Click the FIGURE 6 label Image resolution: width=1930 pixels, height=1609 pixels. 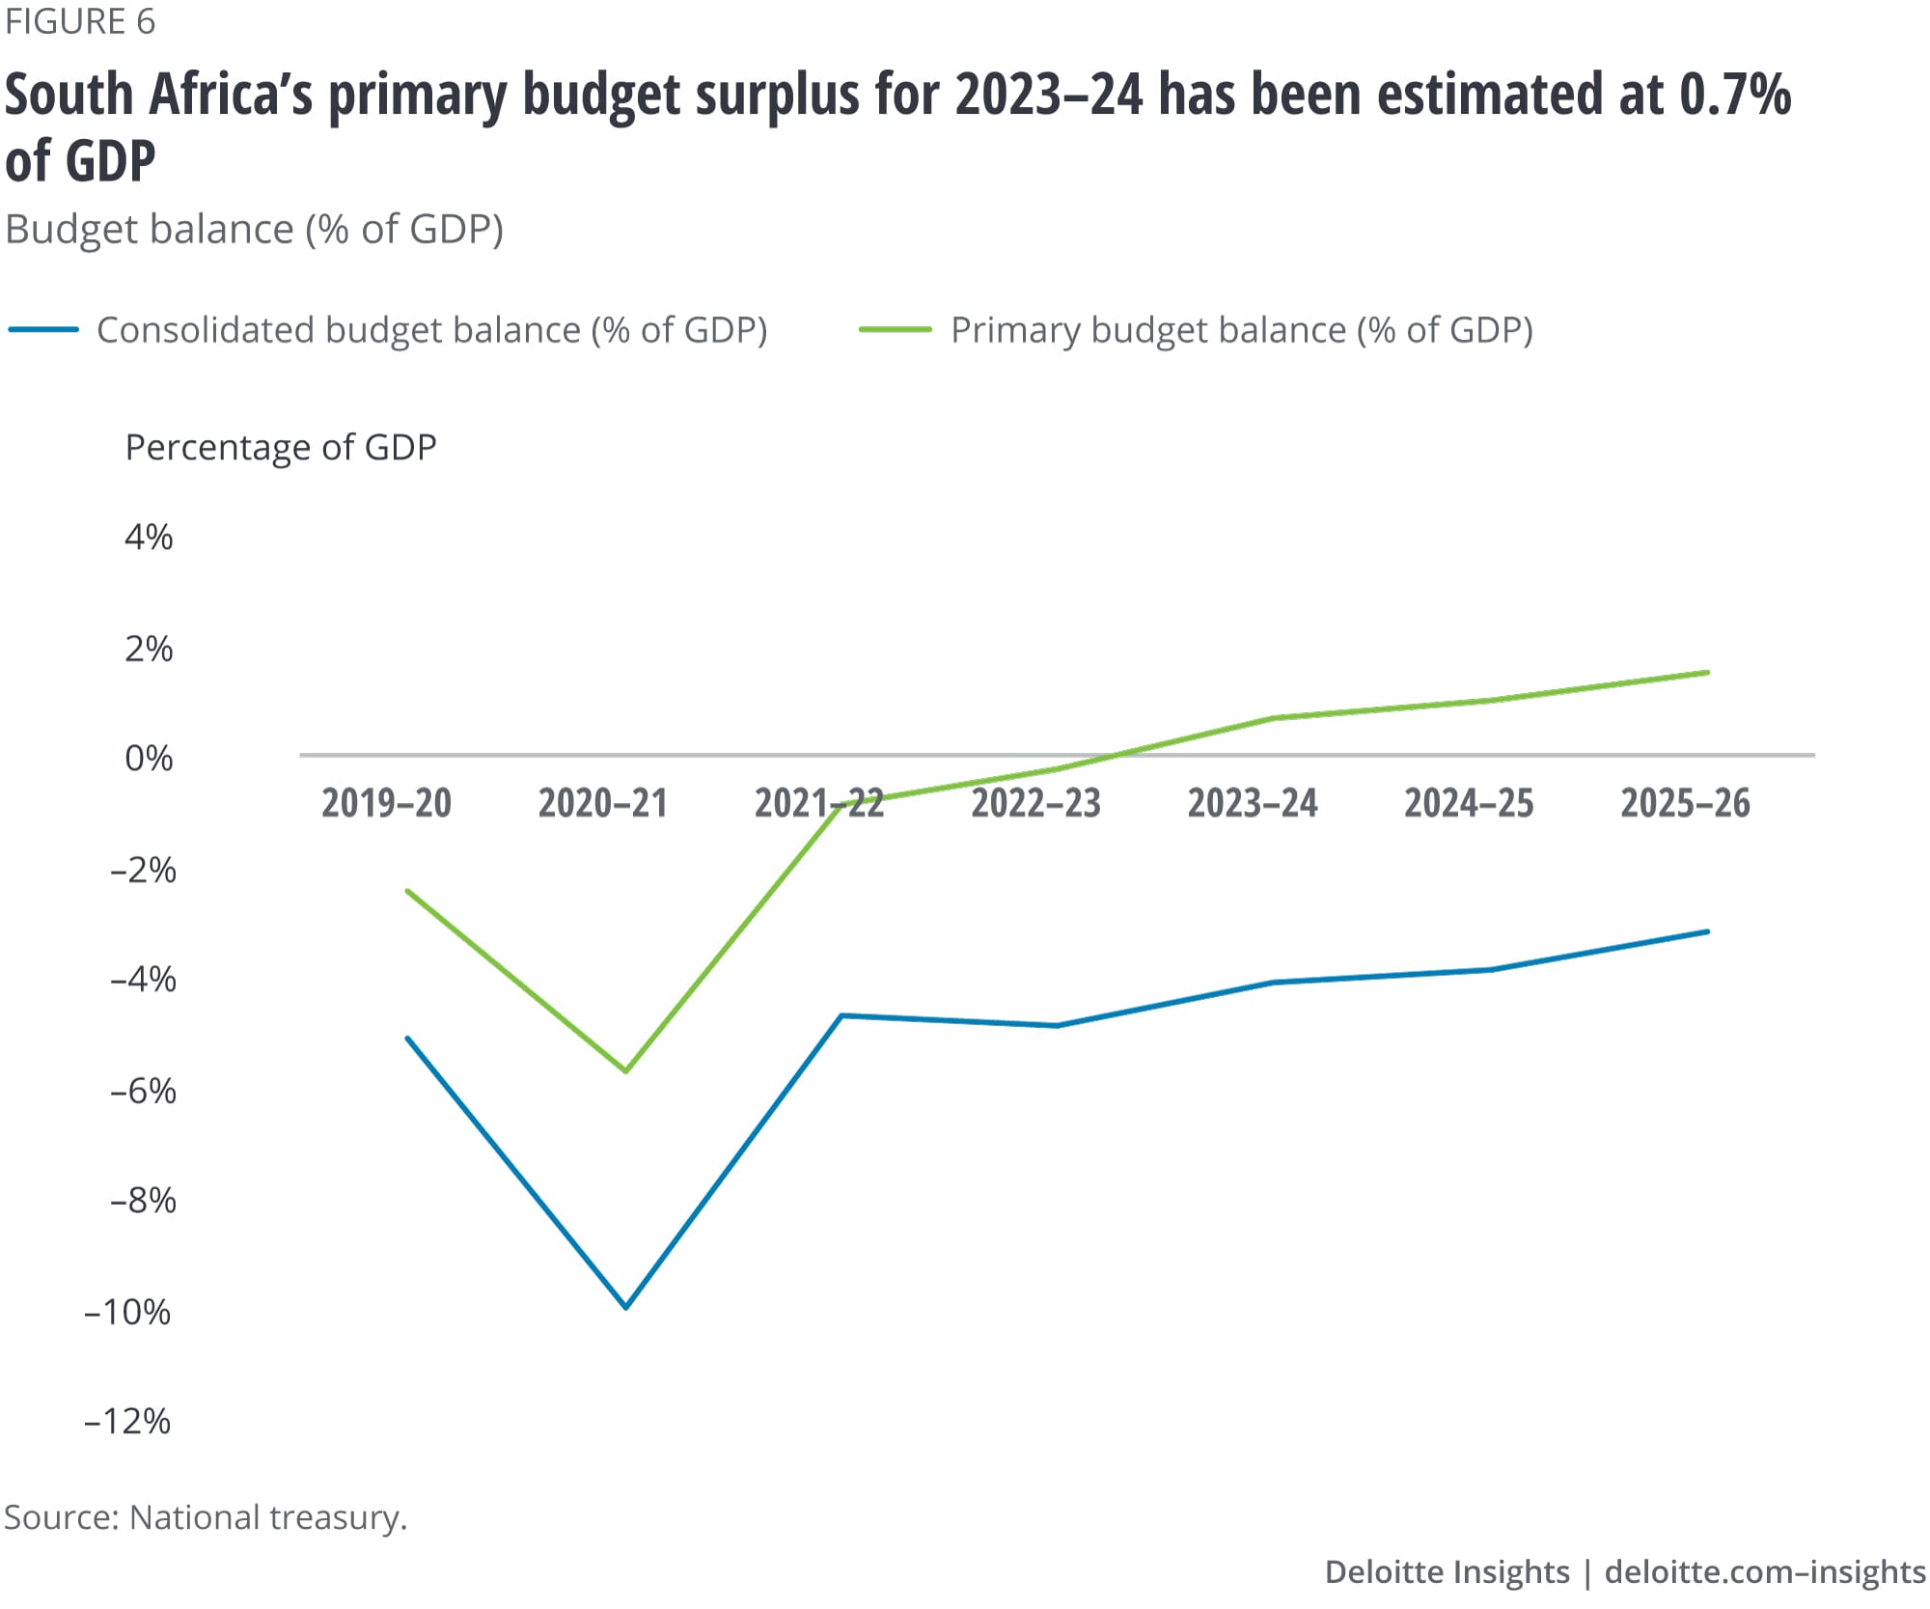[80, 22]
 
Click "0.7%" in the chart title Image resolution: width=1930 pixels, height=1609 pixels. [1734, 96]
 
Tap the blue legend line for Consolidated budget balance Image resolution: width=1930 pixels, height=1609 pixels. [43, 330]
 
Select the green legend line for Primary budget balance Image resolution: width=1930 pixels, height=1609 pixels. [895, 330]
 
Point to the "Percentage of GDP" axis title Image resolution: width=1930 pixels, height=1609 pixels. [281, 448]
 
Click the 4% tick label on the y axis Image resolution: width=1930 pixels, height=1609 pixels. [149, 538]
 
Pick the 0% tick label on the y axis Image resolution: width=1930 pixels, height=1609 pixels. [149, 759]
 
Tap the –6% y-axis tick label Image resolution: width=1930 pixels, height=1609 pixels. [143, 1092]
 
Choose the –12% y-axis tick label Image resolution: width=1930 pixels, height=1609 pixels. [127, 1422]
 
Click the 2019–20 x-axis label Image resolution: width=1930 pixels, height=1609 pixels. [386, 804]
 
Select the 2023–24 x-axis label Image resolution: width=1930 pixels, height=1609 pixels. [1252, 804]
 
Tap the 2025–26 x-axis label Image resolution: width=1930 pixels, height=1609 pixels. [1685, 804]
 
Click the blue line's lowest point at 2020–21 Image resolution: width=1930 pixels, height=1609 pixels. [625, 1307]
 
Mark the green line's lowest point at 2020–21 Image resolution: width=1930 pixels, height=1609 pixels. [625, 1070]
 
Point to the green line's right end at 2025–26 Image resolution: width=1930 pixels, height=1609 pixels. [1706, 673]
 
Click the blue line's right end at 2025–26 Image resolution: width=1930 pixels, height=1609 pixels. [1706, 932]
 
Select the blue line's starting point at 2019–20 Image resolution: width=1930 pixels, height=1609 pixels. [408, 1039]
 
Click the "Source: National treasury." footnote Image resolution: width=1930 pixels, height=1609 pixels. [206, 1517]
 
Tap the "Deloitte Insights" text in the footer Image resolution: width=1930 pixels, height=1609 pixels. [1447, 1572]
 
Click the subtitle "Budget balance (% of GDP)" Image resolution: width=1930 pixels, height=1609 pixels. [255, 230]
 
